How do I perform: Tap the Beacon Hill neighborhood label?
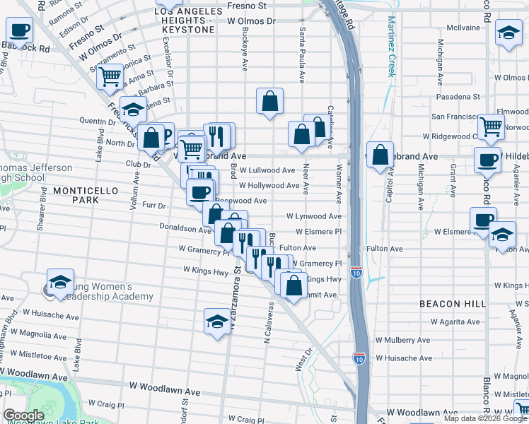[x=453, y=303]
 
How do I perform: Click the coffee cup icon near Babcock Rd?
[x=20, y=30]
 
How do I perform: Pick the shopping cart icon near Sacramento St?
[x=110, y=75]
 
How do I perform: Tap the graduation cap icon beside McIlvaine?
[x=508, y=33]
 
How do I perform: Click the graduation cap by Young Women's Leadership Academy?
[x=61, y=281]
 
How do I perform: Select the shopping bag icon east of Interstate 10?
[x=380, y=155]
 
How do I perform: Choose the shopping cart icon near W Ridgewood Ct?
[x=491, y=126]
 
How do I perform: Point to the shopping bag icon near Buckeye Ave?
[x=269, y=100]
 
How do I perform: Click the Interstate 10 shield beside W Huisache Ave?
[x=359, y=358]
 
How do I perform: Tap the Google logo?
[x=23, y=416]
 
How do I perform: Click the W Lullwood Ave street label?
[x=267, y=170]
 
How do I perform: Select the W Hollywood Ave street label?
[x=269, y=185]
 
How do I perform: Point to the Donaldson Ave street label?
[x=185, y=230]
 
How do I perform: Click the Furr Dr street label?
[x=153, y=206]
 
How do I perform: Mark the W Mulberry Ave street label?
[x=402, y=339]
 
